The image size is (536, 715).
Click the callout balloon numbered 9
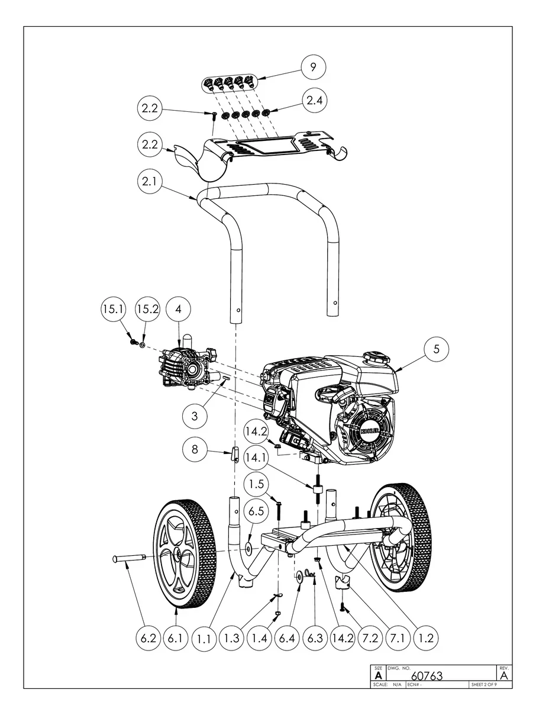(313, 67)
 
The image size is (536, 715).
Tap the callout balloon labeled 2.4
(314, 101)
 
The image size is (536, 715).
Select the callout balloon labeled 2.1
(149, 181)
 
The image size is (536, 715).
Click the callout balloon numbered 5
(436, 349)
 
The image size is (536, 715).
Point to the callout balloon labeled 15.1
(113, 309)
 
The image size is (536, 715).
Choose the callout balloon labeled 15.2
(147, 309)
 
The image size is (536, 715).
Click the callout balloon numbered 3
(195, 416)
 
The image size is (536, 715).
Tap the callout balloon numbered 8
(195, 449)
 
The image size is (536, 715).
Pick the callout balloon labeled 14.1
(256, 458)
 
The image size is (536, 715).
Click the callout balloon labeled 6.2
(148, 639)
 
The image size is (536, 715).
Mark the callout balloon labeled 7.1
(398, 639)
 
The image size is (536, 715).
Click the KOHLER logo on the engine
(370, 431)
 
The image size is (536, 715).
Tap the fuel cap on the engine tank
(377, 358)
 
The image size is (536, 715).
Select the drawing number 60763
(427, 675)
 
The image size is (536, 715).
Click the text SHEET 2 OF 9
(484, 684)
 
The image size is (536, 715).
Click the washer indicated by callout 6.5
(248, 549)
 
